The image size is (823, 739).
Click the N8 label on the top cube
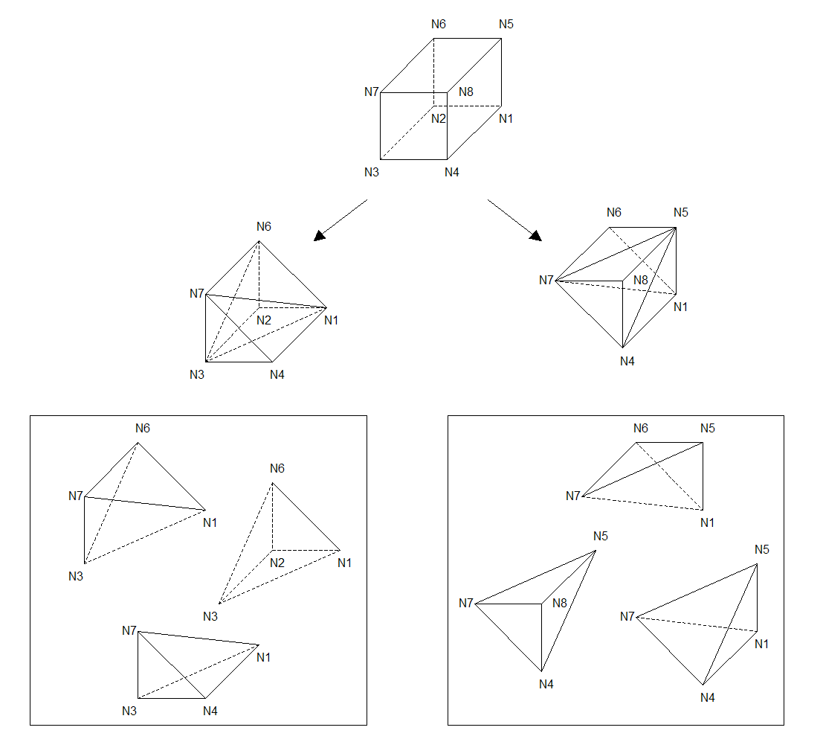466,92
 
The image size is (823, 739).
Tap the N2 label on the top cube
439,118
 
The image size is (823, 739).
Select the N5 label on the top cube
506,24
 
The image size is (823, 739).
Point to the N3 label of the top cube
372,172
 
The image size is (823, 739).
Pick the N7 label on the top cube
372,92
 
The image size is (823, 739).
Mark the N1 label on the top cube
506,118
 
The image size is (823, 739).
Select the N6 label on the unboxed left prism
264,226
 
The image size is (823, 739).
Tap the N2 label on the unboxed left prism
264,320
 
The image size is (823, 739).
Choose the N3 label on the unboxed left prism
197,374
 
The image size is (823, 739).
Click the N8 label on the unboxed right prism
641,280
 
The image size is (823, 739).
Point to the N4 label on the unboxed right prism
627,361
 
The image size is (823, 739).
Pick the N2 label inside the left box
277,562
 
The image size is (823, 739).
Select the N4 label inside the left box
210,710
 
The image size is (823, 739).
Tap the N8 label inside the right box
560,603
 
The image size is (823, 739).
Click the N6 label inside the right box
641,428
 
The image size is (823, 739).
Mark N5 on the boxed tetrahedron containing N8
601,536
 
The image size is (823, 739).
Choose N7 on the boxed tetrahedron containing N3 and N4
129,630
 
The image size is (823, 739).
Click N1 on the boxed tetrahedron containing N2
344,562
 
